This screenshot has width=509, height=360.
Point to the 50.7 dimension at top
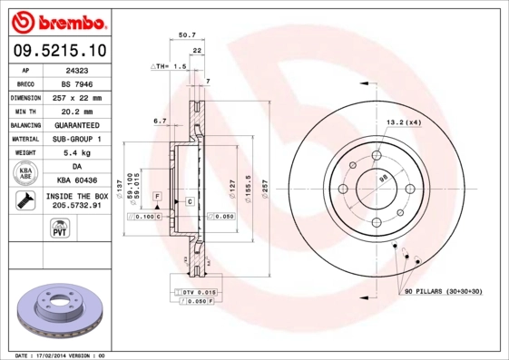point(187,35)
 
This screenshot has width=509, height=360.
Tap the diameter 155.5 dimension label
point(248,187)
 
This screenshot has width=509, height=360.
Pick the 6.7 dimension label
point(160,121)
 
